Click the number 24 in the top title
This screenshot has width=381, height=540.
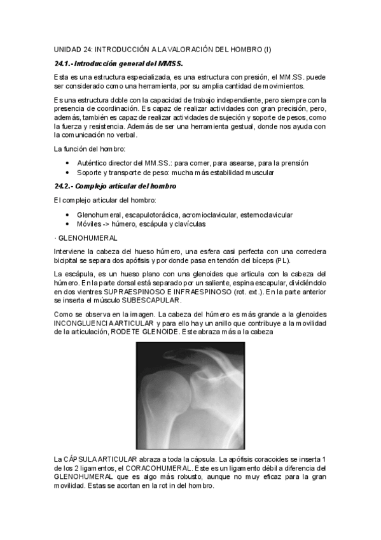(x=88, y=50)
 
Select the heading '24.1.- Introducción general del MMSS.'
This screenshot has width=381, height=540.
(x=118, y=64)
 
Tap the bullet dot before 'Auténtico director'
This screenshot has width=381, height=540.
(x=67, y=163)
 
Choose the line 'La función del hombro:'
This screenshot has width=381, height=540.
(x=90, y=149)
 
